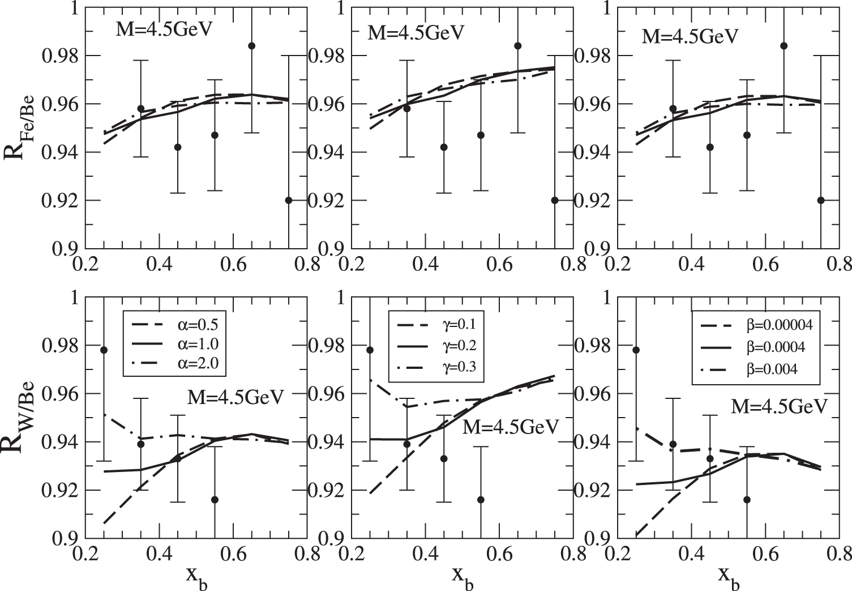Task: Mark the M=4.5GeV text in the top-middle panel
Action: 416,32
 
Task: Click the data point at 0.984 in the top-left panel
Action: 252,45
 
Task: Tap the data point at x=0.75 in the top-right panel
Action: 821,200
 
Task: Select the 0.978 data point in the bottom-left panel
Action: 104,350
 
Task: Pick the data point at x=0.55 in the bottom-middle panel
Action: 481,499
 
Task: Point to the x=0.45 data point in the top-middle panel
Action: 444,147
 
